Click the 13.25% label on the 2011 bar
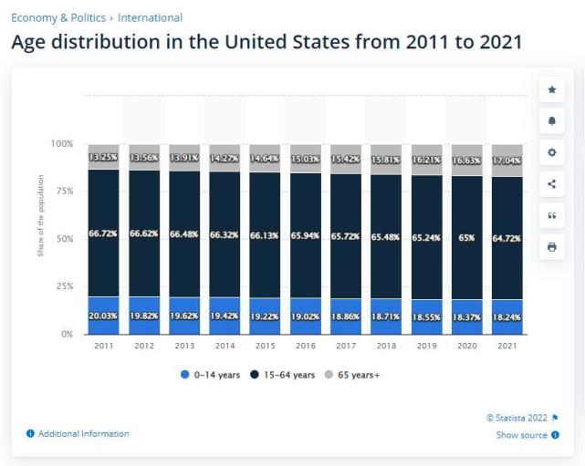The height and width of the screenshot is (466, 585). coord(103,157)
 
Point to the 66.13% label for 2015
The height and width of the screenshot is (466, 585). coord(264,234)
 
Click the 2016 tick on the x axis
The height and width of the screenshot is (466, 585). coord(305,346)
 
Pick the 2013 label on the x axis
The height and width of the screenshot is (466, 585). coord(183,346)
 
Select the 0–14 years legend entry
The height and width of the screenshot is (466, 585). coord(213,375)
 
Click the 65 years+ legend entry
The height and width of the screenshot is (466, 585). coord(357,375)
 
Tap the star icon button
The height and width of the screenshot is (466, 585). coord(551,89)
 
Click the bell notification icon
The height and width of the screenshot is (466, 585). coord(551,121)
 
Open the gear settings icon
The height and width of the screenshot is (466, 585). coord(551,152)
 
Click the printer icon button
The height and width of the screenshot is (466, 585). coord(551,246)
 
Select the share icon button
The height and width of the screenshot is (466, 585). coord(551,183)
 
